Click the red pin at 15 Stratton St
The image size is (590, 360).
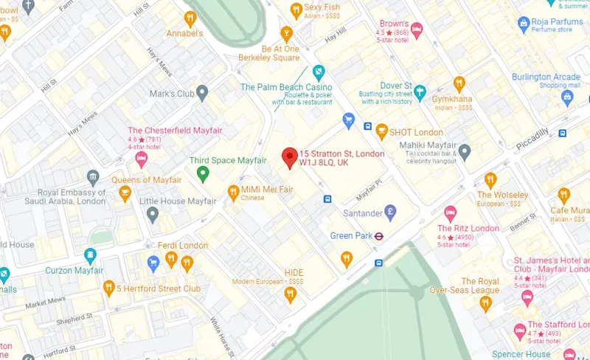coord(290,157)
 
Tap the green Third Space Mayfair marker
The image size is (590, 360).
coord(204,174)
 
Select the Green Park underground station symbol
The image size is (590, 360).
coord(378,236)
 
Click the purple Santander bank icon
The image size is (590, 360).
coord(391,212)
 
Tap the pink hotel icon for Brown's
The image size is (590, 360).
coord(416,30)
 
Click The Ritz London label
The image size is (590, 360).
coord(468,229)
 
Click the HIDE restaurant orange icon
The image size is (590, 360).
coord(290,294)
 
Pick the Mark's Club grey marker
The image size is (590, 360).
coord(203,93)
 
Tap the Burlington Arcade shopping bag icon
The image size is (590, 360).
coord(567,97)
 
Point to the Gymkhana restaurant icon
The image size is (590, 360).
coord(459,83)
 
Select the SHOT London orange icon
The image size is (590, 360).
coord(381,131)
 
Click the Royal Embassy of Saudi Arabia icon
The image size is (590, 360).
coord(92,177)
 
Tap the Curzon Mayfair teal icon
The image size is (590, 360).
coord(91,256)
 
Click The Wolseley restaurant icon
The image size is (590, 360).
coord(490,179)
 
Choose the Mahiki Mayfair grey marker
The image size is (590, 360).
coord(464,152)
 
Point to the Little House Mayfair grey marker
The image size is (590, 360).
coord(153,215)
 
